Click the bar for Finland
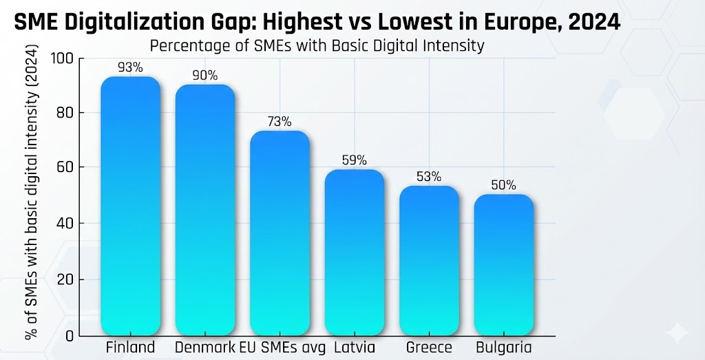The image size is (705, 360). coord(131,206)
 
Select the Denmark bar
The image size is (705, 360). coord(205,210)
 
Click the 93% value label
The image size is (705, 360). coord(130,67)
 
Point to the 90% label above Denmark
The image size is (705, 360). coord(204,76)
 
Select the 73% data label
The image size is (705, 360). coord(280,122)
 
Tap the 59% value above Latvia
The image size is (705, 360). coord(354,160)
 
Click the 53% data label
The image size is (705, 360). coord(429,177)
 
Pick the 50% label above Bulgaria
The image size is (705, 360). coord(503,185)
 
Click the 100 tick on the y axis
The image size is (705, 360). coord(62,59)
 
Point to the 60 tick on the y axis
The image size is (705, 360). coord(65,167)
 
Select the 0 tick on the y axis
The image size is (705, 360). coord(70,336)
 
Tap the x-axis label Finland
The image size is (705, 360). coord(130,347)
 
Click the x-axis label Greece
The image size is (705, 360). coord(429,347)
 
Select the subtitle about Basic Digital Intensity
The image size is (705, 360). coord(317,46)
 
